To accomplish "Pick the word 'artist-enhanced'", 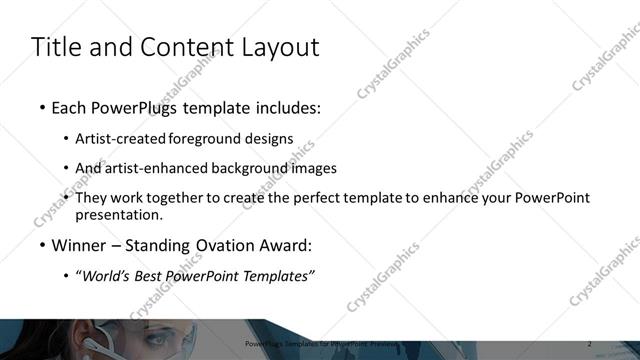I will click(x=162, y=169).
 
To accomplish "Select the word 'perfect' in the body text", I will click(x=345, y=198).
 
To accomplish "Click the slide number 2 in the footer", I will click(x=589, y=344).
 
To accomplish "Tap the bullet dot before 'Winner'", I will click(x=41, y=245).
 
